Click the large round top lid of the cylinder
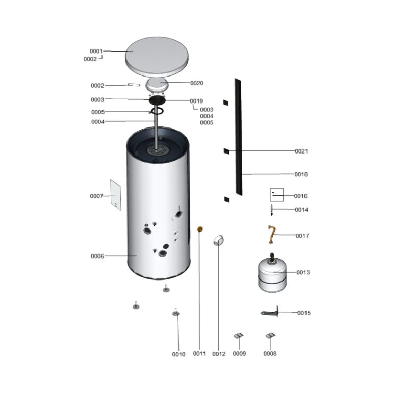157,57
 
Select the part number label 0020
197,83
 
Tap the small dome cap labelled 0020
157,85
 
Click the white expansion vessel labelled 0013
272,274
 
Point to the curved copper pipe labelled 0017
272,235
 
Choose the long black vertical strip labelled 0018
239,137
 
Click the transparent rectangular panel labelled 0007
116,195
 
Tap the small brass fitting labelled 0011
200,229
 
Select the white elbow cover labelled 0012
218,240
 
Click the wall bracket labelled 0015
270,312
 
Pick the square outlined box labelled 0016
276,195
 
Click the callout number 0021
301,151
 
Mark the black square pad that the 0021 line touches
226,151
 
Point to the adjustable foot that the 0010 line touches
175,313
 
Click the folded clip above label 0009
239,336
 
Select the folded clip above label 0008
270,336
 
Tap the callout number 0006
97,256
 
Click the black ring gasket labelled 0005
157,111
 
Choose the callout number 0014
301,210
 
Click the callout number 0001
96,52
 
